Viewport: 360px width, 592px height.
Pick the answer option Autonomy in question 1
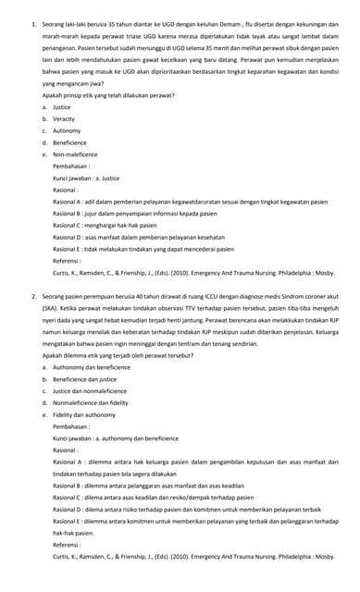pyautogui.click(x=67, y=130)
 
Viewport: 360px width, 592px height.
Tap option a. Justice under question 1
pyautogui.click(x=62, y=106)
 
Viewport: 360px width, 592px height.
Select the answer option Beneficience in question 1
pyautogui.click(x=69, y=142)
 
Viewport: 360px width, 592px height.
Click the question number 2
pyautogui.click(x=33, y=296)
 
